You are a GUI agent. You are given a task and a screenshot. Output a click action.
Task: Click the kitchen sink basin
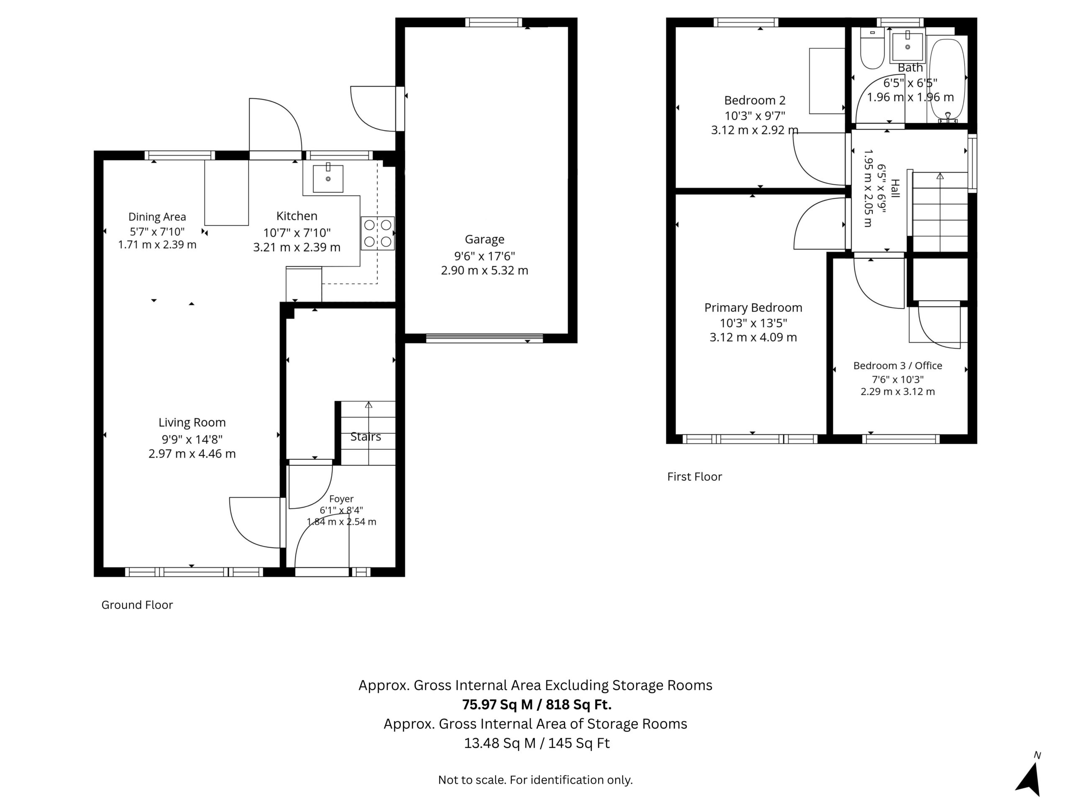328,179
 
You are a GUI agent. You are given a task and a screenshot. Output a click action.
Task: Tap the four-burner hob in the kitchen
378,233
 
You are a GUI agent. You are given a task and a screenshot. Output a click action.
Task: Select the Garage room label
484,240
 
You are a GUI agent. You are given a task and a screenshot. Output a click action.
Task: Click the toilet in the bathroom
872,48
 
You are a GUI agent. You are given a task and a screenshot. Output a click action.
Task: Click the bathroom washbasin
908,46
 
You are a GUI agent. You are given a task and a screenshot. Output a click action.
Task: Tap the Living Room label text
192,423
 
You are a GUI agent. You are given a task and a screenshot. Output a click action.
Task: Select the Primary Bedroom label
753,308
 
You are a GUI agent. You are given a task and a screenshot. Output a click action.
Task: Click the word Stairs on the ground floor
366,437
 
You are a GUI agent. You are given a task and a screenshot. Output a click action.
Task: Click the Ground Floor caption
137,605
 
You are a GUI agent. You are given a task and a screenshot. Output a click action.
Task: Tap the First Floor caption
695,477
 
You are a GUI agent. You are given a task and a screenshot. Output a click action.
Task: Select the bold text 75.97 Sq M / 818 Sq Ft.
537,704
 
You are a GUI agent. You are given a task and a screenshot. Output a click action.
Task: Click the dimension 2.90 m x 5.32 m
484,271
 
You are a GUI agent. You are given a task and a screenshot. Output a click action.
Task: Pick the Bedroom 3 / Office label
898,366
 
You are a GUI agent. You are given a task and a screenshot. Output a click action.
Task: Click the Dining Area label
157,217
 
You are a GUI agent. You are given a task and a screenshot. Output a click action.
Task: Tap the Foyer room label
341,499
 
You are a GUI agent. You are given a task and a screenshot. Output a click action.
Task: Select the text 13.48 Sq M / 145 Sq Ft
537,743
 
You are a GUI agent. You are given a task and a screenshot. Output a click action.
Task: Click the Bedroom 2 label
755,100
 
